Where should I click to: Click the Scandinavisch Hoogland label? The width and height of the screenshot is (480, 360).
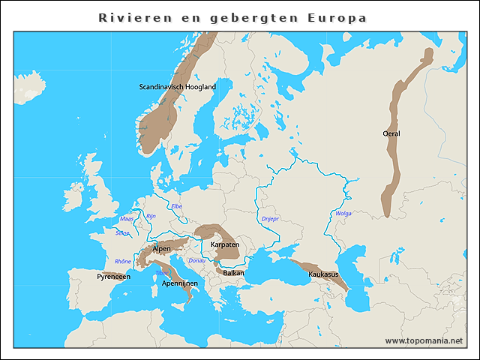177,87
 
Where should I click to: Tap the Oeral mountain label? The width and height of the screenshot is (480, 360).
391,133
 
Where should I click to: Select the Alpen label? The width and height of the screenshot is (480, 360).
161,248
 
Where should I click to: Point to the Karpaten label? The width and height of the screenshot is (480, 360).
225,244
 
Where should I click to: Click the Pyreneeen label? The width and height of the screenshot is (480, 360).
113,277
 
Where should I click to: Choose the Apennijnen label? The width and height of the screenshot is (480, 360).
179,283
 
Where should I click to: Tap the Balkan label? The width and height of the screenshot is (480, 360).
233,274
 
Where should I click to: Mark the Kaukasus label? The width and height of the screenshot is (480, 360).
323,274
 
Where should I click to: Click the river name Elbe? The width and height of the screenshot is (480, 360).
177,205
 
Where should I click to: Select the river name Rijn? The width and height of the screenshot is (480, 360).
150,216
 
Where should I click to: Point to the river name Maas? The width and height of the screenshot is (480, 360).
127,219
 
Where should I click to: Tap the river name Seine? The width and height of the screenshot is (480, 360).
122,232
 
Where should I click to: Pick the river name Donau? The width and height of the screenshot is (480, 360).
196,260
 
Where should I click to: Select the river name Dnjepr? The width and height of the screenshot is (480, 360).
270,219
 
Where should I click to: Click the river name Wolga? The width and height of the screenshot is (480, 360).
343,214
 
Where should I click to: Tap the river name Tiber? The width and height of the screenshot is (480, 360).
163,272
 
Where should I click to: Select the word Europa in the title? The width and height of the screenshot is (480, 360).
337,17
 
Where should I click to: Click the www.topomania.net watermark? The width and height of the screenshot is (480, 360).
424,340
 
